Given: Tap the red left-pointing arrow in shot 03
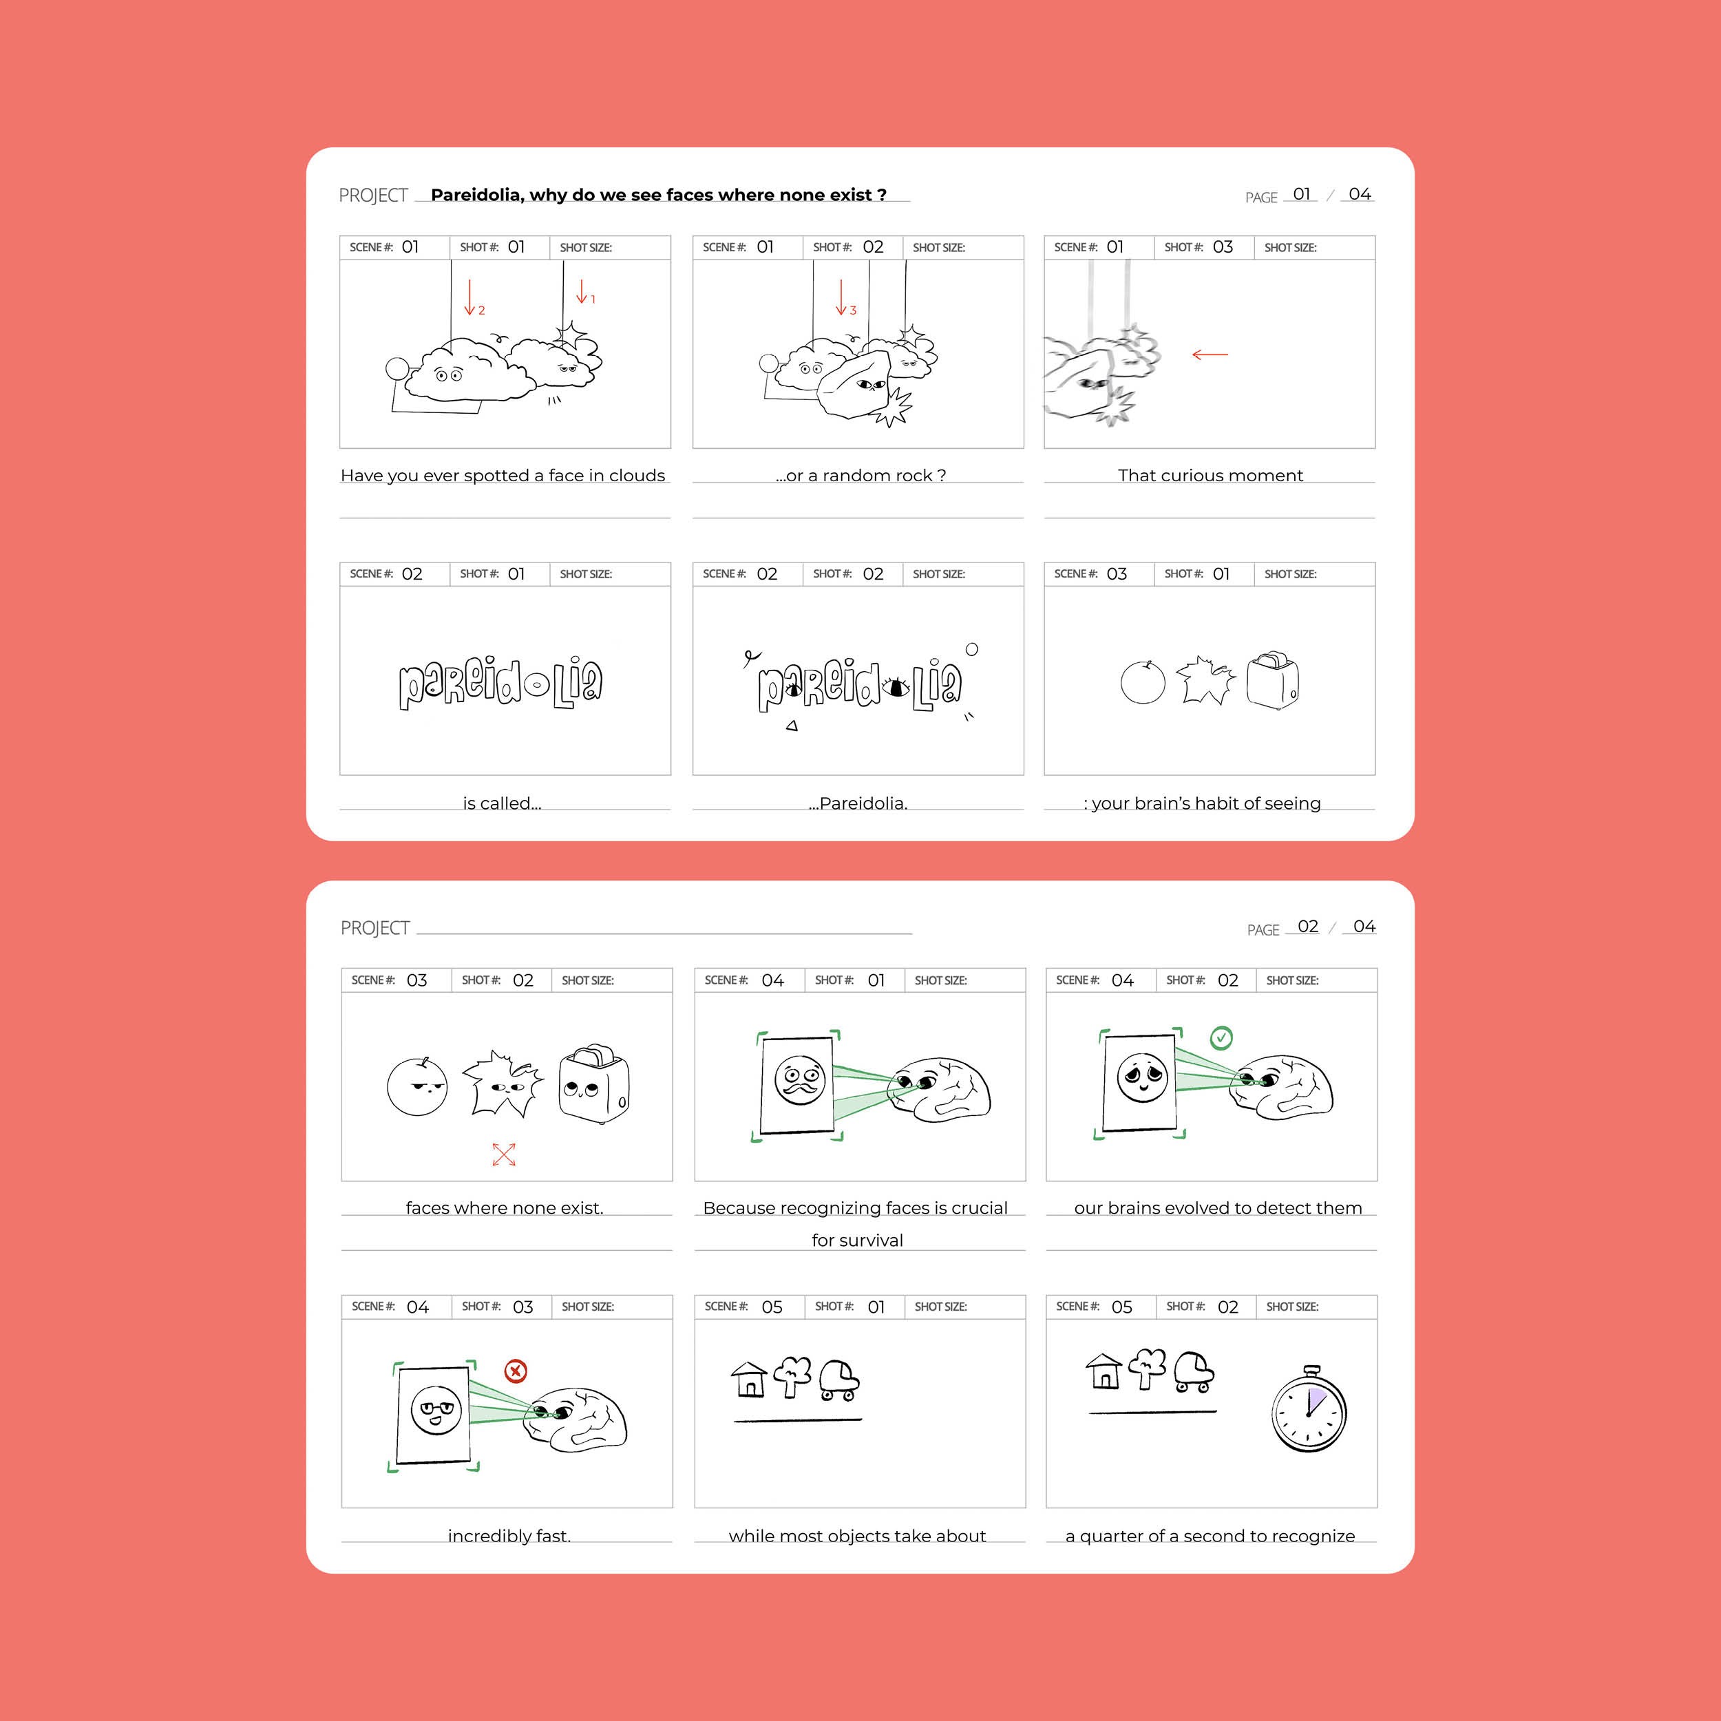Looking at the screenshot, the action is [x=1210, y=355].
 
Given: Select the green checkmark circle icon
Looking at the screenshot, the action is [x=1221, y=1038].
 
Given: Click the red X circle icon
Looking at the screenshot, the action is [x=515, y=1370].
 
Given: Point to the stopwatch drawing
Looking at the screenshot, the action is [x=1309, y=1408].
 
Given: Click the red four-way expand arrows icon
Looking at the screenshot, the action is [x=504, y=1154].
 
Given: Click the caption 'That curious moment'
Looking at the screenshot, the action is [x=1210, y=476].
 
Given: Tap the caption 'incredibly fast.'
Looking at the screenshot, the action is [x=509, y=1536].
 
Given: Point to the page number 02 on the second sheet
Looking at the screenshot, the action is [x=1308, y=927].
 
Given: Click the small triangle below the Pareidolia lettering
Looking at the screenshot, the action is [x=792, y=726].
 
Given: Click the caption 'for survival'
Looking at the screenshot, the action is [x=857, y=1240].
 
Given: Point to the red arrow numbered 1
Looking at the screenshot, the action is [x=582, y=291].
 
